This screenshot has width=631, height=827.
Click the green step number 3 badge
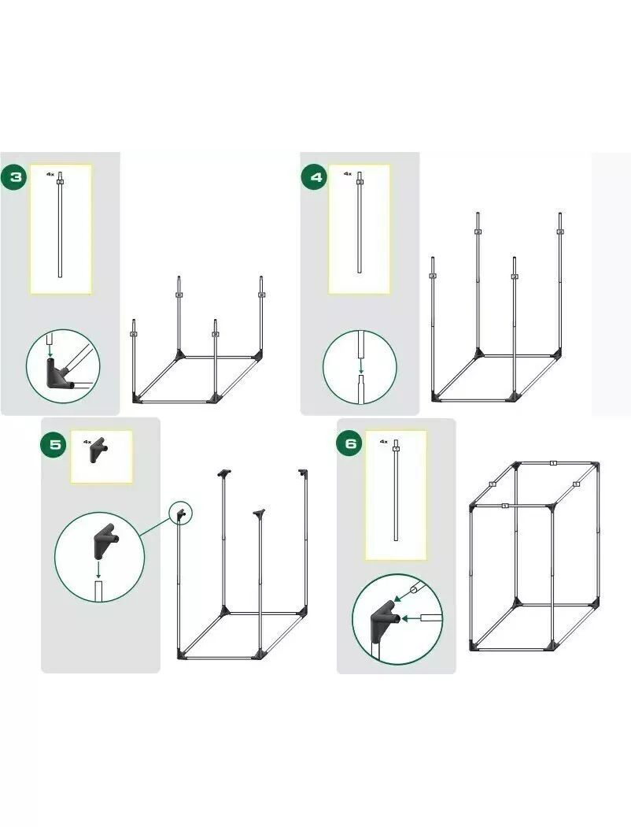click(16, 176)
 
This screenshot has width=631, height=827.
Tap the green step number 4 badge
click(315, 177)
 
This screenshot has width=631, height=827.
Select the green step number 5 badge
click(55, 444)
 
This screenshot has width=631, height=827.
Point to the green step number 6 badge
click(350, 444)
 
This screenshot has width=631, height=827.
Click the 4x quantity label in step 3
click(50, 173)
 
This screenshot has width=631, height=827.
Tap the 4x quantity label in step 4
click(348, 173)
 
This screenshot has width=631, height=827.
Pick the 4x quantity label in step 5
click(87, 441)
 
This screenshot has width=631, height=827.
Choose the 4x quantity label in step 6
click(384, 441)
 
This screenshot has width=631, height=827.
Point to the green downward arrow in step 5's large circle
click(98, 569)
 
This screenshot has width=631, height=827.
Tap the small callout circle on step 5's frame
click(181, 512)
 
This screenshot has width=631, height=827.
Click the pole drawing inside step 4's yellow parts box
click(360, 222)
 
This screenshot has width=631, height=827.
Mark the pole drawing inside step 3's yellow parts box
click(60, 224)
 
